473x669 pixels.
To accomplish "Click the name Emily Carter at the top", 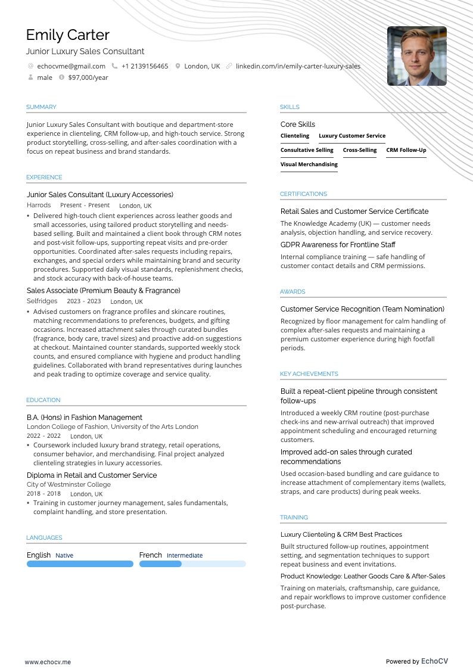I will (x=67, y=35).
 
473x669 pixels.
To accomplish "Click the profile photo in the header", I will (x=416, y=56).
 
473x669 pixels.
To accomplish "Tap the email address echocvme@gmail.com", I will (x=71, y=66).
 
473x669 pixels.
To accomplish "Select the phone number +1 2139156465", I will (x=144, y=66).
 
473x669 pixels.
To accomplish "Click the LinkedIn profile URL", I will (x=298, y=66).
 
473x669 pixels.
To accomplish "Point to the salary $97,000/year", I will (x=88, y=77).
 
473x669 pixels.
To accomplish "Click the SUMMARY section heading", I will (x=41, y=107).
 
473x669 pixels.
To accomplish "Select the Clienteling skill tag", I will (x=295, y=136).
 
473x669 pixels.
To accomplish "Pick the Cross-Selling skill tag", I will (x=360, y=150).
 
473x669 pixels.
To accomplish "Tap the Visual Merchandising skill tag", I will (x=309, y=164).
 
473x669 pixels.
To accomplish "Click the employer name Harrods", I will (x=39, y=206).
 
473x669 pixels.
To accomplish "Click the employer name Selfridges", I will (x=42, y=301).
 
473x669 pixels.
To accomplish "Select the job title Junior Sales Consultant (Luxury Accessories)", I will (x=100, y=195).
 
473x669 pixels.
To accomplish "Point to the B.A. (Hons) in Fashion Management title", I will (x=85, y=418).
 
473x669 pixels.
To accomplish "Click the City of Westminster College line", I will (x=69, y=485).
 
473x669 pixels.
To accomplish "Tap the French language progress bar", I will (x=192, y=564).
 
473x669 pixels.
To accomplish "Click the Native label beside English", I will (x=64, y=556).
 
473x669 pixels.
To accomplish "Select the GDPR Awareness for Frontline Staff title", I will (x=338, y=245).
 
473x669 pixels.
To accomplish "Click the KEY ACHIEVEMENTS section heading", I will (x=309, y=374).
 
